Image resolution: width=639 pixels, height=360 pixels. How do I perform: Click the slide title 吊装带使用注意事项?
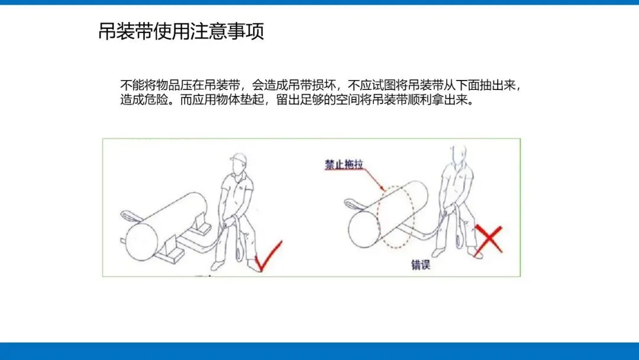click(182, 31)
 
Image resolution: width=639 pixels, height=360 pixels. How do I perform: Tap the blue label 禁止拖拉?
click(344, 164)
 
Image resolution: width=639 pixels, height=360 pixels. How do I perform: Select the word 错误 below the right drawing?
click(421, 265)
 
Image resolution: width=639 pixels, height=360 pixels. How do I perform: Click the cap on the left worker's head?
click(239, 157)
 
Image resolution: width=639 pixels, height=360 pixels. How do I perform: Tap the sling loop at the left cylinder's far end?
click(130, 216)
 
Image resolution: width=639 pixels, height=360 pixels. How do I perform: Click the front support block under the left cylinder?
click(171, 250)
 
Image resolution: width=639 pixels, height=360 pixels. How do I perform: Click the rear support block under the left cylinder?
click(201, 226)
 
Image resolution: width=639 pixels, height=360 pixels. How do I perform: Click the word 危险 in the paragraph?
click(156, 99)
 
